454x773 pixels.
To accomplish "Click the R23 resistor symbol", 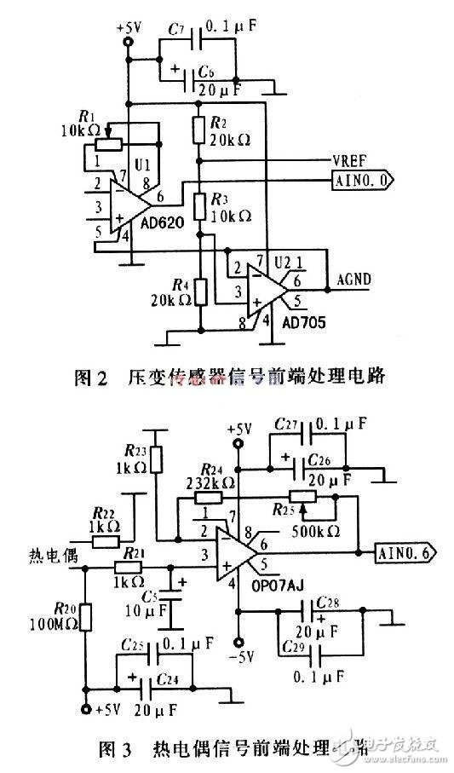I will (x=155, y=459).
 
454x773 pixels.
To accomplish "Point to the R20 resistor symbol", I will (x=84, y=616).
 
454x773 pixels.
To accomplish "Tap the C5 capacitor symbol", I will (x=175, y=598).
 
